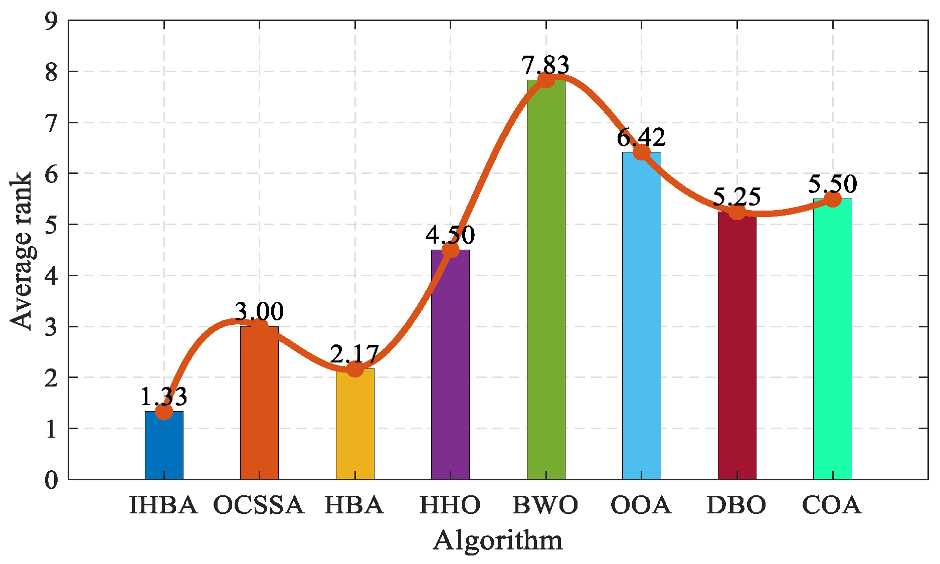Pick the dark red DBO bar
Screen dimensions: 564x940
(x=737, y=345)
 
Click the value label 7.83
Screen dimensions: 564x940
(x=545, y=65)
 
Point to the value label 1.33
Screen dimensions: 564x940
(x=163, y=397)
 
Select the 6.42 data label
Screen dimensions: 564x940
(x=641, y=137)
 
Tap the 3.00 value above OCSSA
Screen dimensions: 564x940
(x=259, y=312)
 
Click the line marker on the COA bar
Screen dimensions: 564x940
(x=833, y=200)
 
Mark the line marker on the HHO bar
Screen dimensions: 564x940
(x=451, y=250)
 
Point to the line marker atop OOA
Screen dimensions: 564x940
(x=642, y=152)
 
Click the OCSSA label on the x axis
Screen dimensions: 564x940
(x=259, y=505)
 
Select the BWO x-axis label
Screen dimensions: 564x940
(x=545, y=505)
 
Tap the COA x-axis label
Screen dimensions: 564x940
(x=832, y=505)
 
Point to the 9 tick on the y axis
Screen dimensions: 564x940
(x=52, y=21)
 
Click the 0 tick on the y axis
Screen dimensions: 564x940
(x=52, y=480)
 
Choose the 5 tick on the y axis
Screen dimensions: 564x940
(x=52, y=225)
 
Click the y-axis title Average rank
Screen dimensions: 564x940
(x=21, y=251)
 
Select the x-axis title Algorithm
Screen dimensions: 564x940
(x=498, y=540)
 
